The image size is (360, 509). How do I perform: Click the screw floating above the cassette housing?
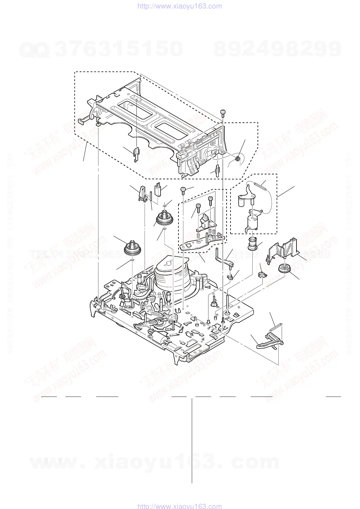[223, 112]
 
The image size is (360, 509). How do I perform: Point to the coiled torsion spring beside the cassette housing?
[238, 157]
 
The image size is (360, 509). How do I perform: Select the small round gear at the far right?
[284, 268]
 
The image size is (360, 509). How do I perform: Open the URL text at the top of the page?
[180, 6]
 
